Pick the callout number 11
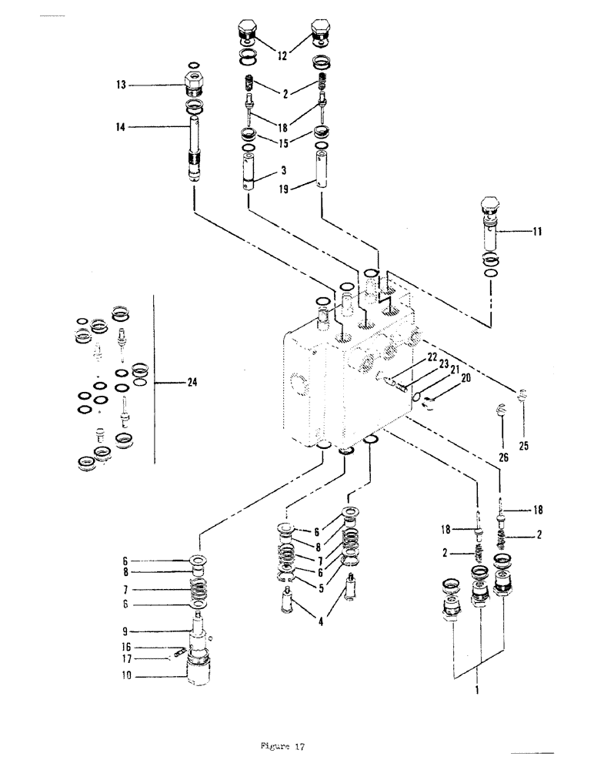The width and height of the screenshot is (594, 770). click(536, 229)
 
